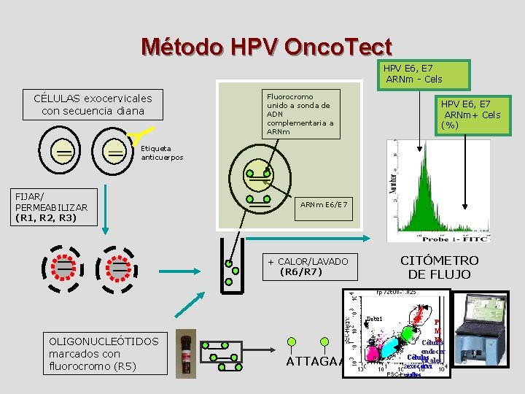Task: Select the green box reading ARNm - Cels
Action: pyautogui.click(x=423, y=74)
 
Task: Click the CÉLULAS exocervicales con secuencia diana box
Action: pyautogui.click(x=93, y=104)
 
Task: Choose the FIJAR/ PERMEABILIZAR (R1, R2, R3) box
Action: pyautogui.click(x=51, y=207)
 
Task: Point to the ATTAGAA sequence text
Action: pyautogui.click(x=314, y=361)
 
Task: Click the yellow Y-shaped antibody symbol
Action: pyautogui.click(x=141, y=134)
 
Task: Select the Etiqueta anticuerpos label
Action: pyautogui.click(x=162, y=152)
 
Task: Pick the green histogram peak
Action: pyautogui.click(x=420, y=197)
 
